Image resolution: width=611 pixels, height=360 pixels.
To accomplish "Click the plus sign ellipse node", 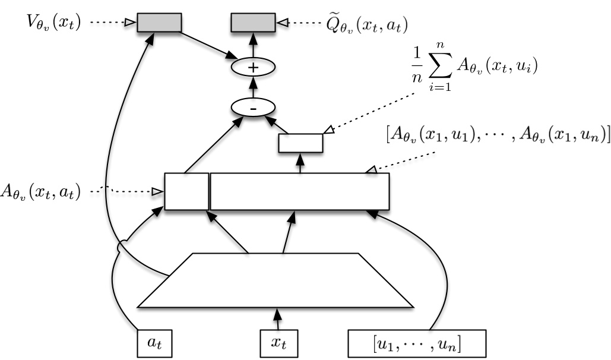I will coord(254,68).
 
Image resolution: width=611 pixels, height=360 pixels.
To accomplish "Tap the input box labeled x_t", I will coord(276,343).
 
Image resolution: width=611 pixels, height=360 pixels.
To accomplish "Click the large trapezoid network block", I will coord(275,280).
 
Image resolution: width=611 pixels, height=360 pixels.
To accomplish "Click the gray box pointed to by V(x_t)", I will coord(159,23).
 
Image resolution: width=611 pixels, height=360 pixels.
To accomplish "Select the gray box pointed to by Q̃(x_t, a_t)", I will coord(253,23).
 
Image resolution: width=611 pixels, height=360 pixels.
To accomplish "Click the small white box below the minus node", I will coord(300,143).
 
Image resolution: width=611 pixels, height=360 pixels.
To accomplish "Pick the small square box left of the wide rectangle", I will coord(186,191).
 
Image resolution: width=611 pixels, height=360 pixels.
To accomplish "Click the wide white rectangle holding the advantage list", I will coord(300,191).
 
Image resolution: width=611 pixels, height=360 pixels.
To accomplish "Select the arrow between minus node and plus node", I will coord(254,88).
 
